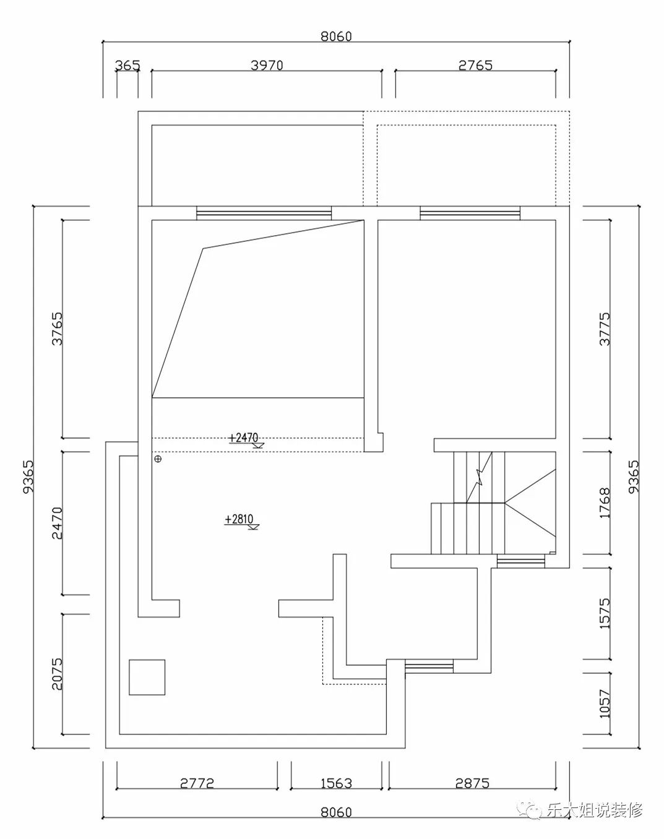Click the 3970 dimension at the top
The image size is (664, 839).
267,65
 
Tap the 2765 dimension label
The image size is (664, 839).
475,65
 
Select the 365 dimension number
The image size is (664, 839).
127,65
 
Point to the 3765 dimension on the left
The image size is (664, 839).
57,329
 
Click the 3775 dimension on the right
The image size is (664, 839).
605,329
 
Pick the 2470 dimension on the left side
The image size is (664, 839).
57,523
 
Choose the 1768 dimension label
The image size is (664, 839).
605,502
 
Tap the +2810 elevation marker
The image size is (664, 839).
241,521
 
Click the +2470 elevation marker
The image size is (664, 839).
246,439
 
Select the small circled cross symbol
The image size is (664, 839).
158,459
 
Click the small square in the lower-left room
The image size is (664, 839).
147,678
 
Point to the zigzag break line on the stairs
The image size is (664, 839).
480,477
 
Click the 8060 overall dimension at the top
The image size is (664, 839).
336,37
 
